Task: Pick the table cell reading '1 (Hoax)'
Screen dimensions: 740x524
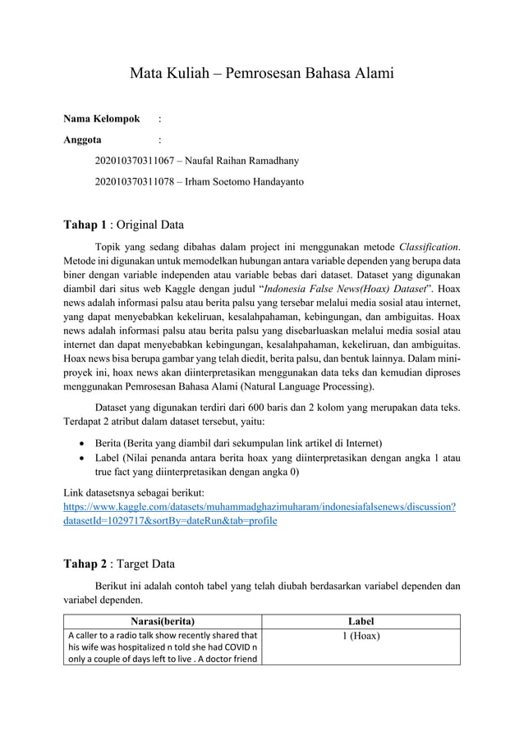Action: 360,635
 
